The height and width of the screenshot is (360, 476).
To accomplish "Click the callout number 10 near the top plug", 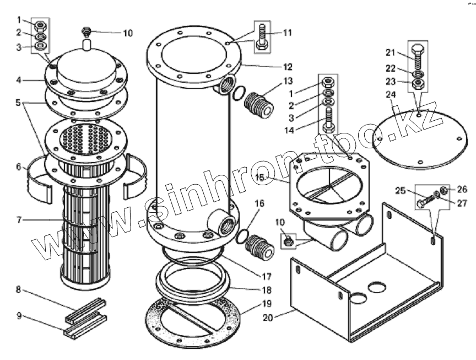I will pyautogui.click(x=127, y=33).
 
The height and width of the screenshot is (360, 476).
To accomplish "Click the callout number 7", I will pyautogui.click(x=19, y=219).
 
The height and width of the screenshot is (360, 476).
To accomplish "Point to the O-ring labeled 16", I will pyautogui.click(x=240, y=237).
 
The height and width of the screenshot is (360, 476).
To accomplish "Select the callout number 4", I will pyautogui.click(x=19, y=79).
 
